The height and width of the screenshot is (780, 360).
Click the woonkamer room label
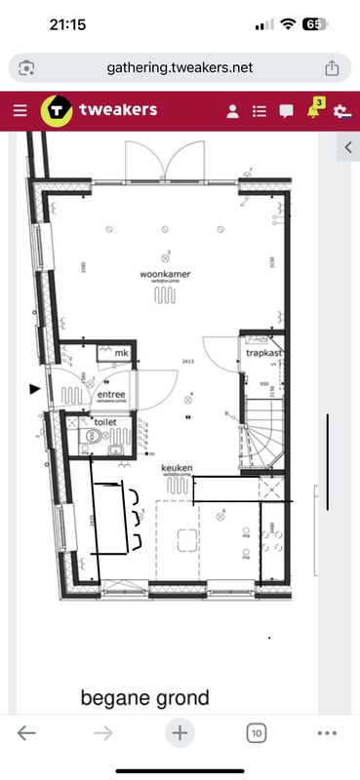tap(164, 275)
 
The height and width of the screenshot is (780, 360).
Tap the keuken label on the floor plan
tap(177, 468)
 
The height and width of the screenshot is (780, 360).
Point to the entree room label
tap(110, 394)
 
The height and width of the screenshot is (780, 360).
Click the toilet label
tap(104, 421)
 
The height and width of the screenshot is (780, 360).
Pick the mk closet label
tap(122, 352)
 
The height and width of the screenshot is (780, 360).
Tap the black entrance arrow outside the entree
tap(36, 389)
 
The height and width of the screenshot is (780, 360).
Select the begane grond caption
tap(144, 697)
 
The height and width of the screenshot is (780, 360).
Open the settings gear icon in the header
tap(340, 111)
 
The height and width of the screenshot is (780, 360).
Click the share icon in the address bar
tap(332, 67)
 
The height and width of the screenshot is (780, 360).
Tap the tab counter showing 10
tap(257, 733)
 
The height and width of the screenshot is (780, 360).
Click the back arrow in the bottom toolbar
tap(26, 733)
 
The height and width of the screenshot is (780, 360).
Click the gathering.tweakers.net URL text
tap(180, 67)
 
